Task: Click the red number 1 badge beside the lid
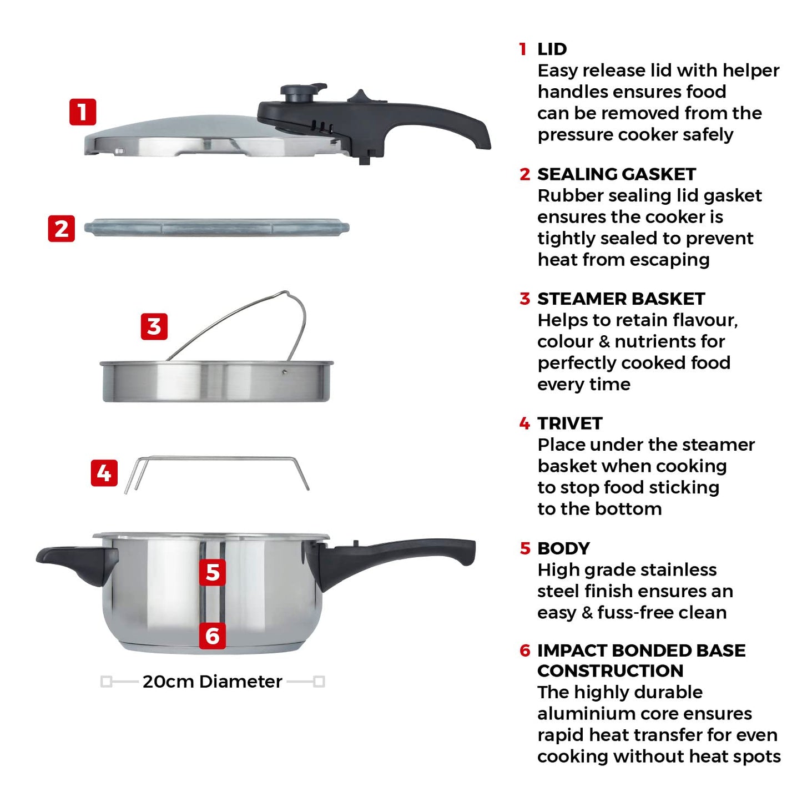pyautogui.click(x=83, y=112)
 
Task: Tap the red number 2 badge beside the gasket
pyautogui.click(x=62, y=228)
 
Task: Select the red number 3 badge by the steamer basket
pyautogui.click(x=154, y=326)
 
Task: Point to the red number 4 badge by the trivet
pyautogui.click(x=104, y=473)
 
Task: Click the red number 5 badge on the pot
pyautogui.click(x=213, y=572)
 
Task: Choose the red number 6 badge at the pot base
pyautogui.click(x=213, y=635)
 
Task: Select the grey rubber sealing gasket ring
pyautogui.click(x=216, y=228)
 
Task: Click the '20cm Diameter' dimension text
pyautogui.click(x=212, y=682)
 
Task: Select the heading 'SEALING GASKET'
pyautogui.click(x=616, y=174)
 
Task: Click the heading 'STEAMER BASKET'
pyautogui.click(x=621, y=299)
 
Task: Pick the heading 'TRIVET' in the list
pyautogui.click(x=569, y=423)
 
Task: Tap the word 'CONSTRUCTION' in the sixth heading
pyautogui.click(x=610, y=671)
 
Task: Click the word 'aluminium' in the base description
pyautogui.click(x=581, y=714)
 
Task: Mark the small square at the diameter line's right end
pyautogui.click(x=319, y=682)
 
